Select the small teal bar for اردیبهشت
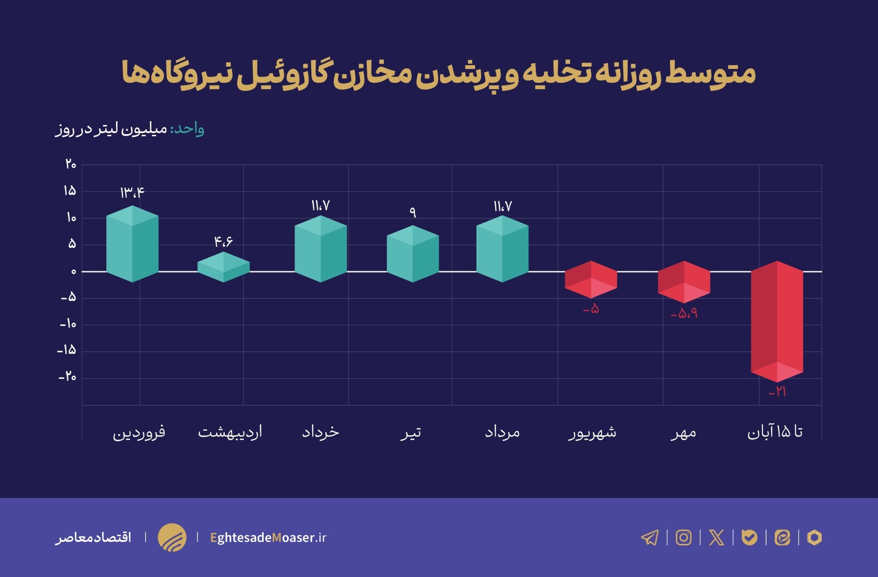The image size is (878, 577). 224,267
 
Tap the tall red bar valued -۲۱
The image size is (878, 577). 777,321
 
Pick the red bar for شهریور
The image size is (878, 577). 591,279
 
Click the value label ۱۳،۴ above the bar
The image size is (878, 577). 132,192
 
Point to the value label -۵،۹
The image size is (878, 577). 684,314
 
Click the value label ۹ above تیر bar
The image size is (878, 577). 412,212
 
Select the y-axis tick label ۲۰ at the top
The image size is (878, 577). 71,165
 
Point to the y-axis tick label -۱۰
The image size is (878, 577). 68,324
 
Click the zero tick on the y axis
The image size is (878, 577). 73,271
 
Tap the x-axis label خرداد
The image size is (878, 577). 321,432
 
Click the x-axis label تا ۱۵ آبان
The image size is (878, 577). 775,432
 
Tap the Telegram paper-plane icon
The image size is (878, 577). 650,537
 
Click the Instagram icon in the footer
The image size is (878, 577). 683,537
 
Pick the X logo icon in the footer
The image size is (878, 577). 717,537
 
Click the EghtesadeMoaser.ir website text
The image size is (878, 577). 268,537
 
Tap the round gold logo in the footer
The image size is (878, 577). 172,537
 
